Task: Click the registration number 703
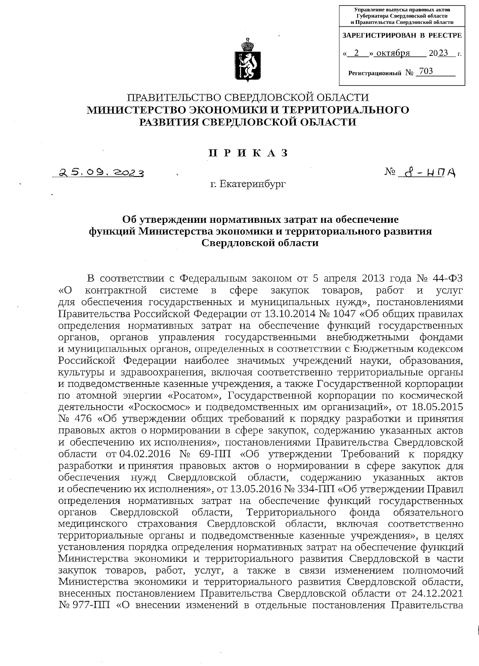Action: pos(426,71)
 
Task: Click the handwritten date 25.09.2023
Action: pos(101,172)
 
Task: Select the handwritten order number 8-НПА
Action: pos(429,173)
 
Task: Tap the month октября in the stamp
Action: pos(393,53)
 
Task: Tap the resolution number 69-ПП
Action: pos(216,454)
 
